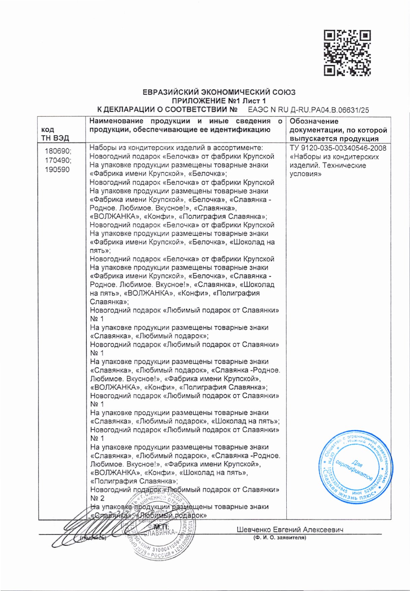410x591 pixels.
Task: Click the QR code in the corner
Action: click(347, 53)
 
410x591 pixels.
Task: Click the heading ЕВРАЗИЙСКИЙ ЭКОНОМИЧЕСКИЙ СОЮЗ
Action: click(219, 92)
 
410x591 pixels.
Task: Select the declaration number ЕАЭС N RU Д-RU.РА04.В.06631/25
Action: click(308, 110)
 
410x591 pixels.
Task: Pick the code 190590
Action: click(57, 169)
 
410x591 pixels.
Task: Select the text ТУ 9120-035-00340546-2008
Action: click(338, 148)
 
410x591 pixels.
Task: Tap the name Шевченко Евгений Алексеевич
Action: click(290, 530)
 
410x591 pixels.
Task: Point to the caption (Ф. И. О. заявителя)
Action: click(280, 538)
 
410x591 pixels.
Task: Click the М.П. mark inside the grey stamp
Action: click(161, 527)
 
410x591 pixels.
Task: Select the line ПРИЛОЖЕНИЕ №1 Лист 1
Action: click(219, 101)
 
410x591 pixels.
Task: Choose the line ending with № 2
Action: click(97, 498)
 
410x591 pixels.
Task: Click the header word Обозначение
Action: click(314, 121)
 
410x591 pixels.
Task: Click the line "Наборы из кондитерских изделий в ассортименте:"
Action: click(176, 148)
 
